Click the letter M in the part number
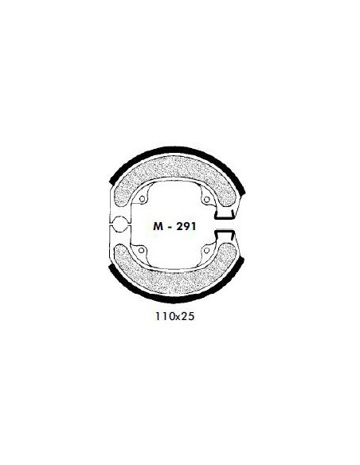pos(158,227)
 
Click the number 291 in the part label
pos(186,227)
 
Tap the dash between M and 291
pos(170,227)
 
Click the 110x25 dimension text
pos(175,316)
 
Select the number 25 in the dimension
pos(188,316)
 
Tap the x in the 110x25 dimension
pos(177,318)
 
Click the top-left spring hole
pos(143,199)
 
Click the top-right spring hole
pos(207,199)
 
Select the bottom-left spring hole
pos(142,250)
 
